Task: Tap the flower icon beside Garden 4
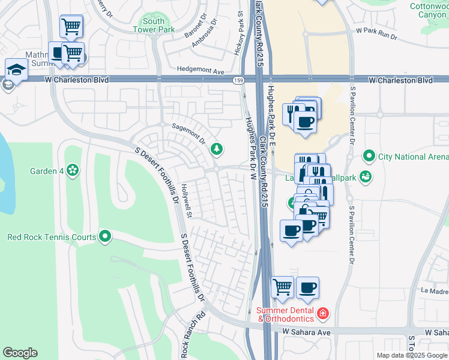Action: (73, 171)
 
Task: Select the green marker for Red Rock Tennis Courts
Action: (105, 237)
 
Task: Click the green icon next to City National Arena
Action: (369, 157)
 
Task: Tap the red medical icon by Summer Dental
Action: (323, 314)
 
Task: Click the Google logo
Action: (20, 353)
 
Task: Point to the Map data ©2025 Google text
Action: (412, 355)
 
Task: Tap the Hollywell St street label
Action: (187, 200)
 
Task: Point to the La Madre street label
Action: (434, 290)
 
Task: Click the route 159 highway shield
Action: (238, 79)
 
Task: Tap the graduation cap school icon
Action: (16, 69)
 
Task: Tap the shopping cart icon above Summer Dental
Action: (282, 287)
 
